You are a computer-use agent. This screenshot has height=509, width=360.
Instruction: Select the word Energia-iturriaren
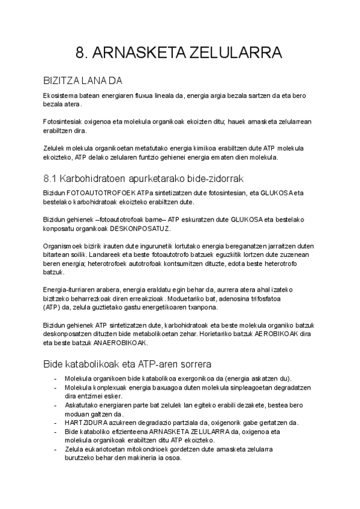point(71,290)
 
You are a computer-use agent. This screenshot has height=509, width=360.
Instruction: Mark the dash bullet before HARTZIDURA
point(56,422)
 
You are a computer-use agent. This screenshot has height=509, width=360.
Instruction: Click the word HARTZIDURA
point(84,422)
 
